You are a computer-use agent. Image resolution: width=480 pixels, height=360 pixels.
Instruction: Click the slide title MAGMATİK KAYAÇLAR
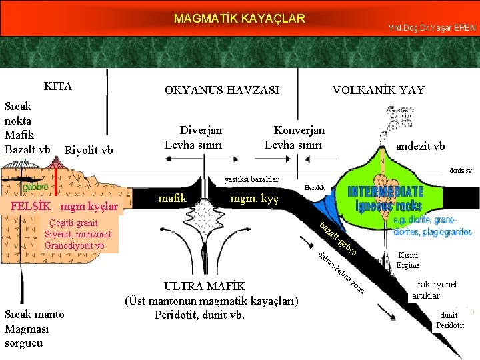239,18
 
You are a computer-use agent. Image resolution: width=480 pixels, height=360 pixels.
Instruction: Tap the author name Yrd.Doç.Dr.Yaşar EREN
431,27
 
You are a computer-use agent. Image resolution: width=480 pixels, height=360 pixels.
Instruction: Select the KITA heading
58,87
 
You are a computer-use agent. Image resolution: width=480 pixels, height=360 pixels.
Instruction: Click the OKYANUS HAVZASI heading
222,90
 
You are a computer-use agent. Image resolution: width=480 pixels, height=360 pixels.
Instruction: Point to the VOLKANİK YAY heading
379,90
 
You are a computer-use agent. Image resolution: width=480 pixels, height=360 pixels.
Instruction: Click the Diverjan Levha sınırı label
201,138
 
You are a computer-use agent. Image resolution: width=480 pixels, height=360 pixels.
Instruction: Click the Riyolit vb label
89,150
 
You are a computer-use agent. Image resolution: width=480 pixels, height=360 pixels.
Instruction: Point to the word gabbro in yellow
35,187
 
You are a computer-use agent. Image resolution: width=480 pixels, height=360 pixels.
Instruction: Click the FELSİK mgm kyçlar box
65,206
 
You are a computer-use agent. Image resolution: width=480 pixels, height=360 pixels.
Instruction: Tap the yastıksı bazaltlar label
251,179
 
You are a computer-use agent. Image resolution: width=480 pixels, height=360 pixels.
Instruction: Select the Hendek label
314,189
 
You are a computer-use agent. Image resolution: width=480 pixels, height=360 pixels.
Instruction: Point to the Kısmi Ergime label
407,260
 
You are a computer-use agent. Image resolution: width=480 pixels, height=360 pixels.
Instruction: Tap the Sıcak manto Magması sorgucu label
34,329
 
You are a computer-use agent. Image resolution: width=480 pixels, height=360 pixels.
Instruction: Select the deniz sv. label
461,171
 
